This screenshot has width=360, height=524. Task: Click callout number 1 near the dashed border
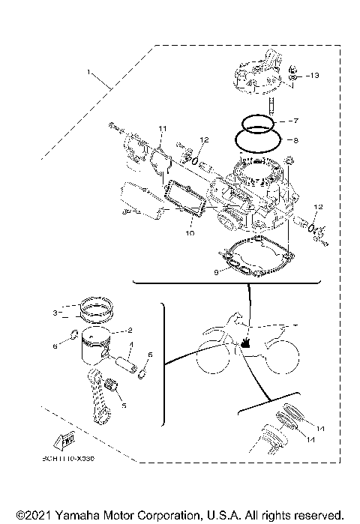pos(89,73)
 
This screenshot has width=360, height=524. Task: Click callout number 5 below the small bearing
pos(124,405)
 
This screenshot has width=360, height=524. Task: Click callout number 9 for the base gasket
pos(215,273)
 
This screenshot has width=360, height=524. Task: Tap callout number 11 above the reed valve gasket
pos(160,130)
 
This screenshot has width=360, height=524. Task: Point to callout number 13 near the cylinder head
pos(313,76)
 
